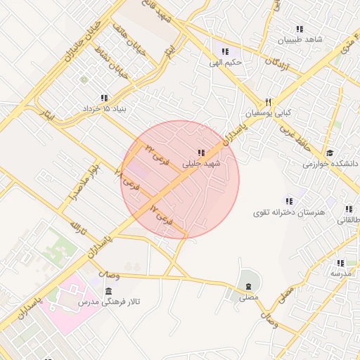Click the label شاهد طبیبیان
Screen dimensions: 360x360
300,40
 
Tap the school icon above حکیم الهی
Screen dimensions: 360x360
225,51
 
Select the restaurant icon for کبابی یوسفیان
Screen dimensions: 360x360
268,101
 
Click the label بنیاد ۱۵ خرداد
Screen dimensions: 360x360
103,110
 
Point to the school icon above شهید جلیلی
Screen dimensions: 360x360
201,153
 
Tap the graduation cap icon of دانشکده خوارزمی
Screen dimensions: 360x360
329,153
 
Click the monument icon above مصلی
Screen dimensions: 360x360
248,285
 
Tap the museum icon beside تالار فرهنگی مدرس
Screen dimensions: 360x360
108,291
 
